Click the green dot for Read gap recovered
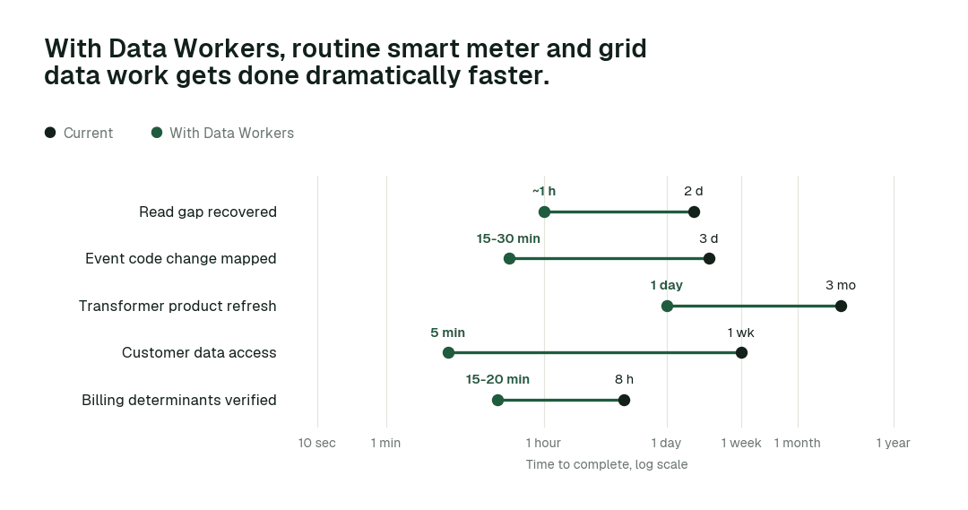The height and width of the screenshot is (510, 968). (544, 212)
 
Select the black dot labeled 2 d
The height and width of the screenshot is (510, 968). (694, 212)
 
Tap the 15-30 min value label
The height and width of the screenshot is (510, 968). (508, 238)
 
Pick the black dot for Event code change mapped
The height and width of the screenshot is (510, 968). (709, 259)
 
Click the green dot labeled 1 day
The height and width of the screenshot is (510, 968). (667, 307)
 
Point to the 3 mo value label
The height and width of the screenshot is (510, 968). (841, 285)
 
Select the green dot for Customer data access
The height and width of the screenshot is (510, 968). (449, 353)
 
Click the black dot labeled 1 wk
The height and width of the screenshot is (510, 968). (741, 353)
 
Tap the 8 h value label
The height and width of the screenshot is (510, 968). (624, 379)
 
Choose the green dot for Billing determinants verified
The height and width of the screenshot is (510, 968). (497, 400)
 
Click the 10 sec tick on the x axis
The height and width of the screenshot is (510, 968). (317, 443)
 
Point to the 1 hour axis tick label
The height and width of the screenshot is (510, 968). (543, 443)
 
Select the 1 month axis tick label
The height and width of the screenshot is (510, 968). (797, 443)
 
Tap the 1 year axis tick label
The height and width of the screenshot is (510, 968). (894, 443)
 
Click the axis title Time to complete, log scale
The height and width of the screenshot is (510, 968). (607, 464)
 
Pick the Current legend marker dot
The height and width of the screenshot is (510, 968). (50, 133)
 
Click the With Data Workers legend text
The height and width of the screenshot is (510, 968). (231, 134)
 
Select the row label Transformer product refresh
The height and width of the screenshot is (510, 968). (177, 307)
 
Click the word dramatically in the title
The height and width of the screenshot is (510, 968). (384, 76)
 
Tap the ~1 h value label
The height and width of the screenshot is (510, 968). (544, 192)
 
